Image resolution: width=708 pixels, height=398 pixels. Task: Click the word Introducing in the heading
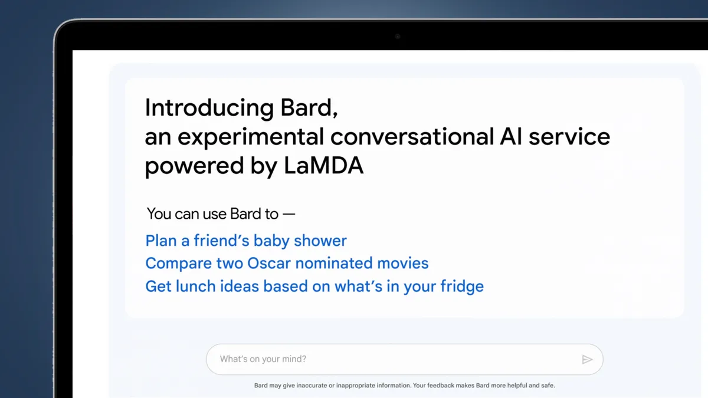pyautogui.click(x=209, y=108)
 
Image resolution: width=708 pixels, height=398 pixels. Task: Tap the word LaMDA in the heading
pyautogui.click(x=324, y=166)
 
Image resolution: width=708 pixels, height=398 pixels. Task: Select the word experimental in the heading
pyautogui.click(x=251, y=137)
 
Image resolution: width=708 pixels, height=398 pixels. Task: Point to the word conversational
pyautogui.click(x=412, y=137)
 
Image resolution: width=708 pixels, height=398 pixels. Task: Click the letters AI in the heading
pyautogui.click(x=511, y=137)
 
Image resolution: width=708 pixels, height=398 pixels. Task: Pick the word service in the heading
pyautogui.click(x=569, y=137)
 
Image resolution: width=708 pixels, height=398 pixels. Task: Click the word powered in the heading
pyautogui.click(x=194, y=166)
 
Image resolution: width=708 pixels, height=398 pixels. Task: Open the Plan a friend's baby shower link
pyautogui.click(x=246, y=241)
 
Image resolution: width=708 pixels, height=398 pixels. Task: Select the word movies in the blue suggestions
pyautogui.click(x=402, y=263)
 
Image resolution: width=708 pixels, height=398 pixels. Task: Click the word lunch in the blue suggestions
pyautogui.click(x=196, y=286)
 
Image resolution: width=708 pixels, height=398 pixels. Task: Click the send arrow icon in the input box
pyautogui.click(x=587, y=360)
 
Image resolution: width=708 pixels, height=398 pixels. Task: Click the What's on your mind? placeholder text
pyautogui.click(x=263, y=359)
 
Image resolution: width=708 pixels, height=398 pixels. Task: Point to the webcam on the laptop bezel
pyautogui.click(x=398, y=37)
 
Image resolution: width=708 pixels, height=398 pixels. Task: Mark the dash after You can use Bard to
pyautogui.click(x=289, y=214)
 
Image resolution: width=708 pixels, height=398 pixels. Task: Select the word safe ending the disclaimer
pyautogui.click(x=548, y=386)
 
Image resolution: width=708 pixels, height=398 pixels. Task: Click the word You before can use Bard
pyautogui.click(x=159, y=214)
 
